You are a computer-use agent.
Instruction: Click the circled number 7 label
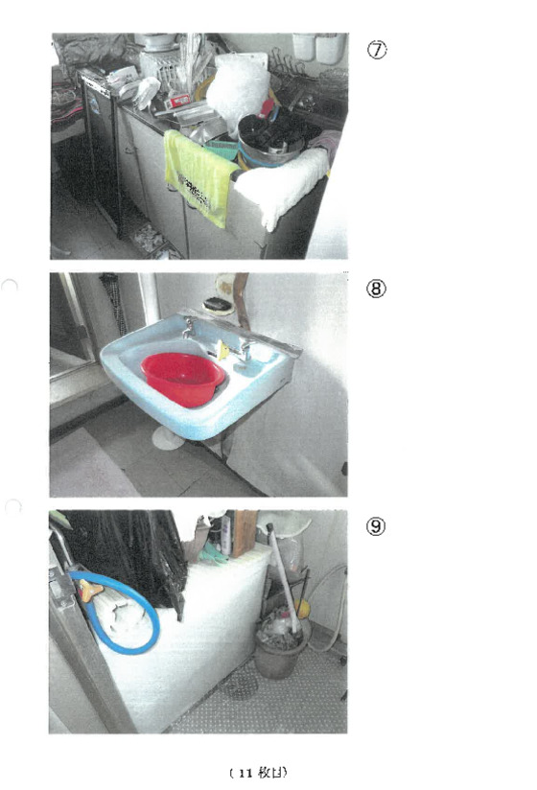tap(376, 50)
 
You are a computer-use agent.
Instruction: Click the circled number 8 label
tap(376, 289)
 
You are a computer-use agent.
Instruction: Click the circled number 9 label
tap(376, 526)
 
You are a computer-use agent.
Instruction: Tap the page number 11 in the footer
tap(245, 773)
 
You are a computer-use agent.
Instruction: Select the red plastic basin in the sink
tap(182, 379)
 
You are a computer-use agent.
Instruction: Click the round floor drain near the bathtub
tap(240, 685)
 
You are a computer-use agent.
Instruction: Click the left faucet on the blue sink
tap(189, 328)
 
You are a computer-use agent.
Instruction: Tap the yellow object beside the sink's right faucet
tap(222, 350)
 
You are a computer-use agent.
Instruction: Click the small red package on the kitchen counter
tap(177, 101)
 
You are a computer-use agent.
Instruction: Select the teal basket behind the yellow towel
tap(222, 150)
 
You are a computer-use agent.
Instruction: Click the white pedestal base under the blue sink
tap(168, 438)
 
